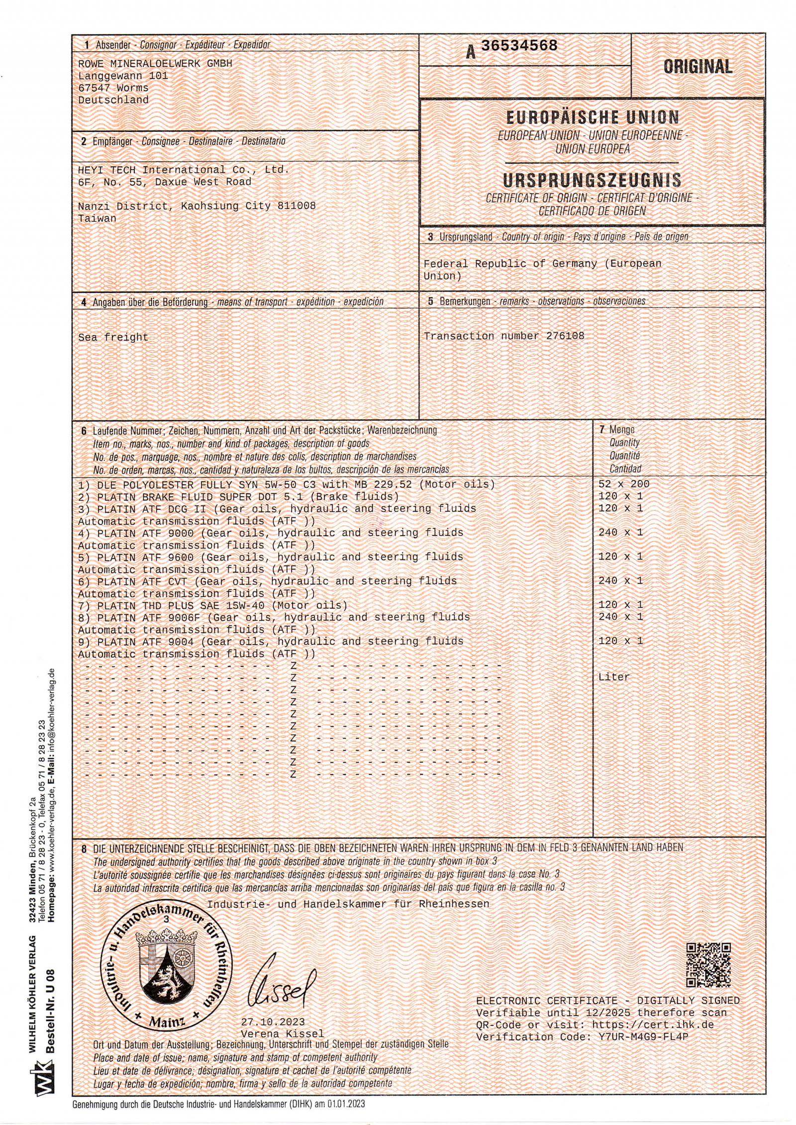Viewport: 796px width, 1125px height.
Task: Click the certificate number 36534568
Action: [519, 46]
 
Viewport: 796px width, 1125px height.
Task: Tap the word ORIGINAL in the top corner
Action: [697, 67]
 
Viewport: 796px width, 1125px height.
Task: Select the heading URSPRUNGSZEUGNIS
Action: [592, 180]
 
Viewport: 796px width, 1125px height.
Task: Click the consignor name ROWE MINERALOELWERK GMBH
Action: [155, 64]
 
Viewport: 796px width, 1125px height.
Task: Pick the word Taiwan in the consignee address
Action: [97, 218]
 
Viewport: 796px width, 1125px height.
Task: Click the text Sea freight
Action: [113, 337]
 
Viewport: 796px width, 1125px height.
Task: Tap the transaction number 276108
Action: [565, 336]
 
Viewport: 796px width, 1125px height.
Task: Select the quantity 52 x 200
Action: [624, 484]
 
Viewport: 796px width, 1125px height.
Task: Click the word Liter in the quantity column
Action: [614, 677]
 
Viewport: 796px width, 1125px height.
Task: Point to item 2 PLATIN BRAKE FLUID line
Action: [239, 496]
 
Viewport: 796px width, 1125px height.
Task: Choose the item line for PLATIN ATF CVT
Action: [267, 581]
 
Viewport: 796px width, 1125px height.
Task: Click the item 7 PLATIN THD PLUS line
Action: [213, 605]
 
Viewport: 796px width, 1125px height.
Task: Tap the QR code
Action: [708, 965]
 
